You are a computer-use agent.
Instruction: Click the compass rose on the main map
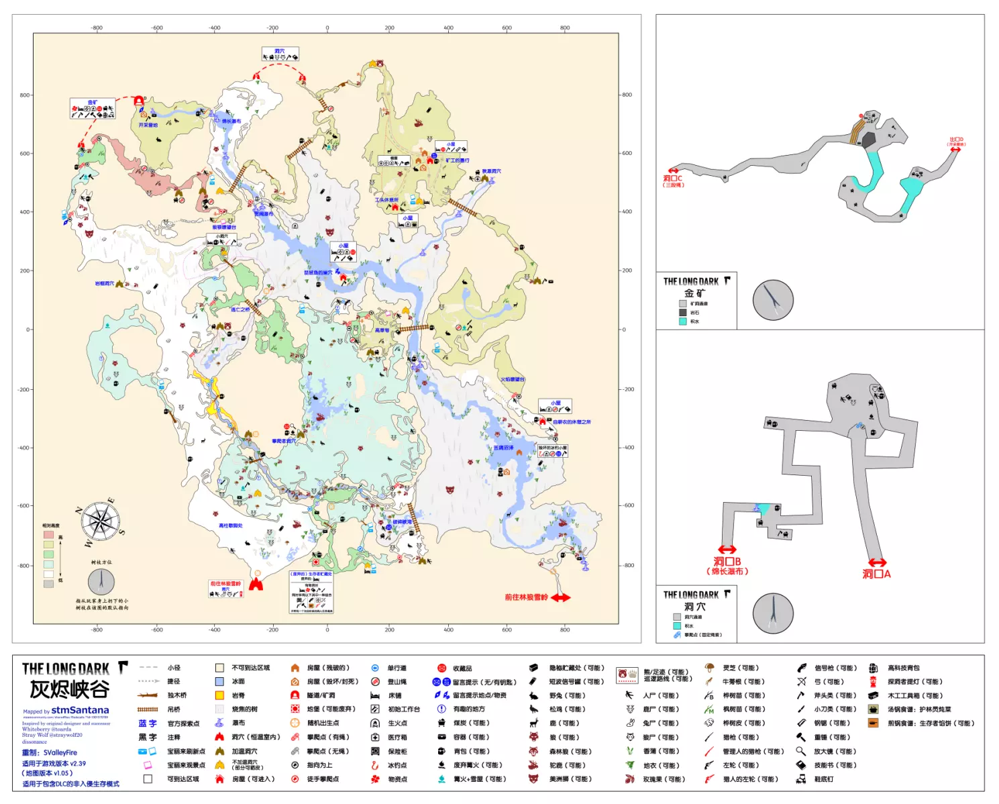click(x=101, y=521)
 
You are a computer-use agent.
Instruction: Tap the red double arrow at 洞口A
click(x=877, y=562)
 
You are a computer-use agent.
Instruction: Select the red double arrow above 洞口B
click(x=727, y=549)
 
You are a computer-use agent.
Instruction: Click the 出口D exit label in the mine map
click(x=956, y=140)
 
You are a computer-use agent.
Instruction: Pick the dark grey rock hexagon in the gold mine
click(x=869, y=140)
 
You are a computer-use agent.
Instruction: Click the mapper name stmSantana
click(x=80, y=710)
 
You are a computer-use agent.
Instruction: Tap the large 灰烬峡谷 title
click(x=69, y=689)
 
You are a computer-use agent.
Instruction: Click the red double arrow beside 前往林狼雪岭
click(x=561, y=597)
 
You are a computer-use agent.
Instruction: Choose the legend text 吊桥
click(x=174, y=709)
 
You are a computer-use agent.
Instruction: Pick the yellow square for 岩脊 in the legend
click(x=219, y=695)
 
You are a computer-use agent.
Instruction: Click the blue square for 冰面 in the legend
click(x=219, y=681)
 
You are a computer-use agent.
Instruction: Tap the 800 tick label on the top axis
click(x=565, y=28)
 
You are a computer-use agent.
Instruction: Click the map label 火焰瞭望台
click(x=512, y=380)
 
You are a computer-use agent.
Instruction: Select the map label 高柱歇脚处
click(x=230, y=525)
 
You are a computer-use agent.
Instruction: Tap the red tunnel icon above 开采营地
click(x=139, y=101)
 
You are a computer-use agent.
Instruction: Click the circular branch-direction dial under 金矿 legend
click(x=773, y=300)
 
